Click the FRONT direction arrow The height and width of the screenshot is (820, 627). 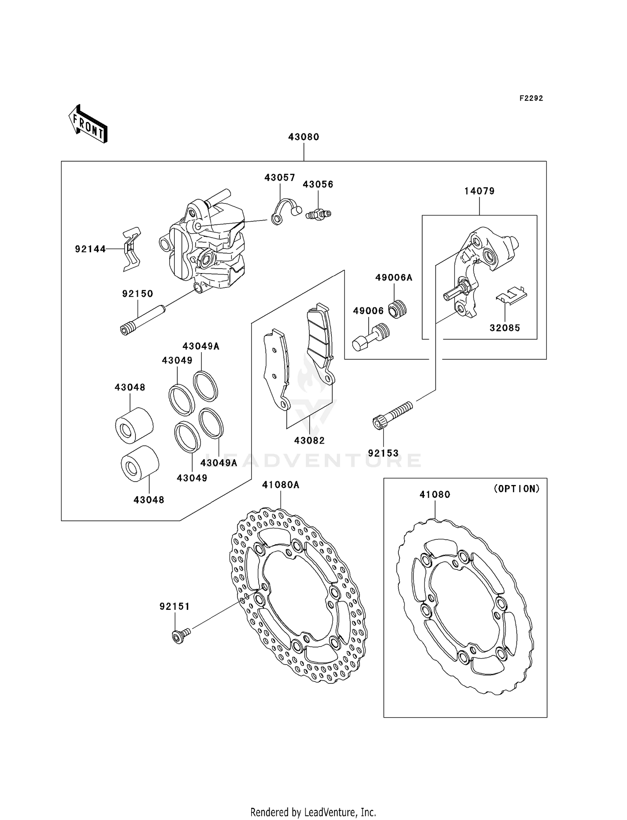coord(88,124)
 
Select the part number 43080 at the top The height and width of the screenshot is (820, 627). coord(303,137)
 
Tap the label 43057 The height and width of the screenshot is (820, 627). coord(280,178)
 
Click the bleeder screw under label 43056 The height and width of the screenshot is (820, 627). coord(318,214)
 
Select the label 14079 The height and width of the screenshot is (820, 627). coord(479,191)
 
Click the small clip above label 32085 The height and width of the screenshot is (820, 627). coord(511,294)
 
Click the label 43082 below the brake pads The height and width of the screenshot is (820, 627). coord(309,440)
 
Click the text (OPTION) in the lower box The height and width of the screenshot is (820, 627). coord(517,488)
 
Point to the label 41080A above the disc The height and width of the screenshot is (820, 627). coord(280,485)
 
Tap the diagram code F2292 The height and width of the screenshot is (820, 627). coord(531,98)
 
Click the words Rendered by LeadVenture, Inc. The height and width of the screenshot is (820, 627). coord(313,812)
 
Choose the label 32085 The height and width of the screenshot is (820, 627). coord(505,328)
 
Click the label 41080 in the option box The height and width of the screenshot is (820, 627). coord(435,495)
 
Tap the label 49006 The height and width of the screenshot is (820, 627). coord(368,310)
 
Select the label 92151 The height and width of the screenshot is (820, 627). coord(175,606)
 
